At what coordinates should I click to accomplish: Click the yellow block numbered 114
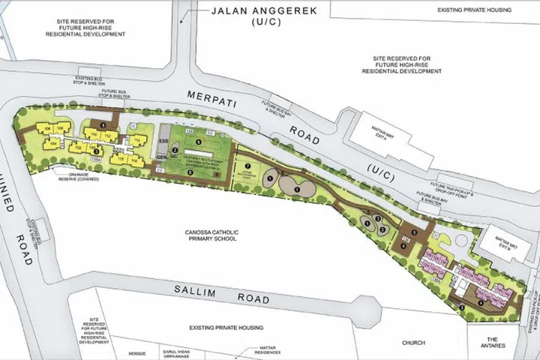click(x=137, y=140)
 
